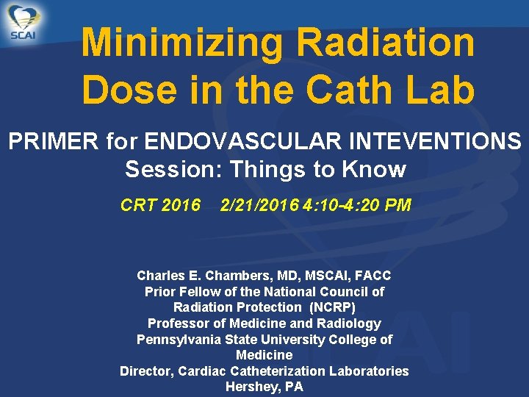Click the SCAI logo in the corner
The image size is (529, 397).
(23, 23)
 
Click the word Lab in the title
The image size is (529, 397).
(439, 90)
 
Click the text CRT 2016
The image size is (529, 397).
(160, 204)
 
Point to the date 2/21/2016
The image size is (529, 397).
(259, 204)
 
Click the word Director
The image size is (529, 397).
(147, 371)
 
